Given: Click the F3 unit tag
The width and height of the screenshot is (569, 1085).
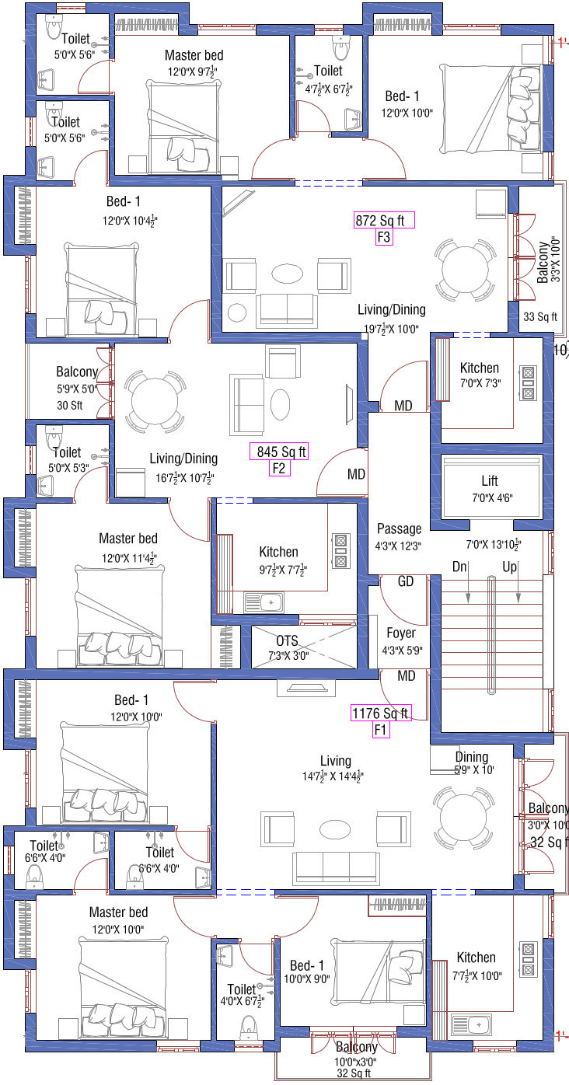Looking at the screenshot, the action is pyautogui.click(x=384, y=237).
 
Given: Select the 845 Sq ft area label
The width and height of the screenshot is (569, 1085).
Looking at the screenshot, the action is pyautogui.click(x=278, y=452).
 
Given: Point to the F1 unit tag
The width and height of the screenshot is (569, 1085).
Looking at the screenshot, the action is pyautogui.click(x=381, y=730).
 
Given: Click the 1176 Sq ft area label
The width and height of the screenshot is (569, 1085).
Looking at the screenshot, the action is pyautogui.click(x=381, y=713).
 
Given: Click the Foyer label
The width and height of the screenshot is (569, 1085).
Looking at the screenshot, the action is pyautogui.click(x=401, y=633).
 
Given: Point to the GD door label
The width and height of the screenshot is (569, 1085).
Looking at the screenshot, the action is pyautogui.click(x=405, y=581).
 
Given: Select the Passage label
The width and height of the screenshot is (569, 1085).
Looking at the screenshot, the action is pyautogui.click(x=399, y=529).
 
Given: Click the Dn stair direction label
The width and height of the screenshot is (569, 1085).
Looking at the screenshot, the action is pyautogui.click(x=459, y=567).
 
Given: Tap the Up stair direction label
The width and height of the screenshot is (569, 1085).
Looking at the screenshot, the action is pyautogui.click(x=509, y=567).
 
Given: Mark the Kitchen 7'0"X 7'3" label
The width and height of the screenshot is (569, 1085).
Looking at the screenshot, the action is pyautogui.click(x=480, y=375).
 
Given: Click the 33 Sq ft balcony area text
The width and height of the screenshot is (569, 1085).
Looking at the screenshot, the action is pyautogui.click(x=540, y=317).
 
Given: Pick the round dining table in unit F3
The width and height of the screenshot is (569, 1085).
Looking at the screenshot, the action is pyautogui.click(x=465, y=270).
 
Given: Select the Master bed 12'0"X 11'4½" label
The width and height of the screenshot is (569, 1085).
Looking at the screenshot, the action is pyautogui.click(x=129, y=548).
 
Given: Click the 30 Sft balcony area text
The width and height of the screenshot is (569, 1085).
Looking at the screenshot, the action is pyautogui.click(x=70, y=405).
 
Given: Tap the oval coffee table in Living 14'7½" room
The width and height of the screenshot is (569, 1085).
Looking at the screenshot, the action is pyautogui.click(x=335, y=829).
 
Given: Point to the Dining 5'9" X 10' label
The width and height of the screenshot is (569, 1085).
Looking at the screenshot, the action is pyautogui.click(x=473, y=763).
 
